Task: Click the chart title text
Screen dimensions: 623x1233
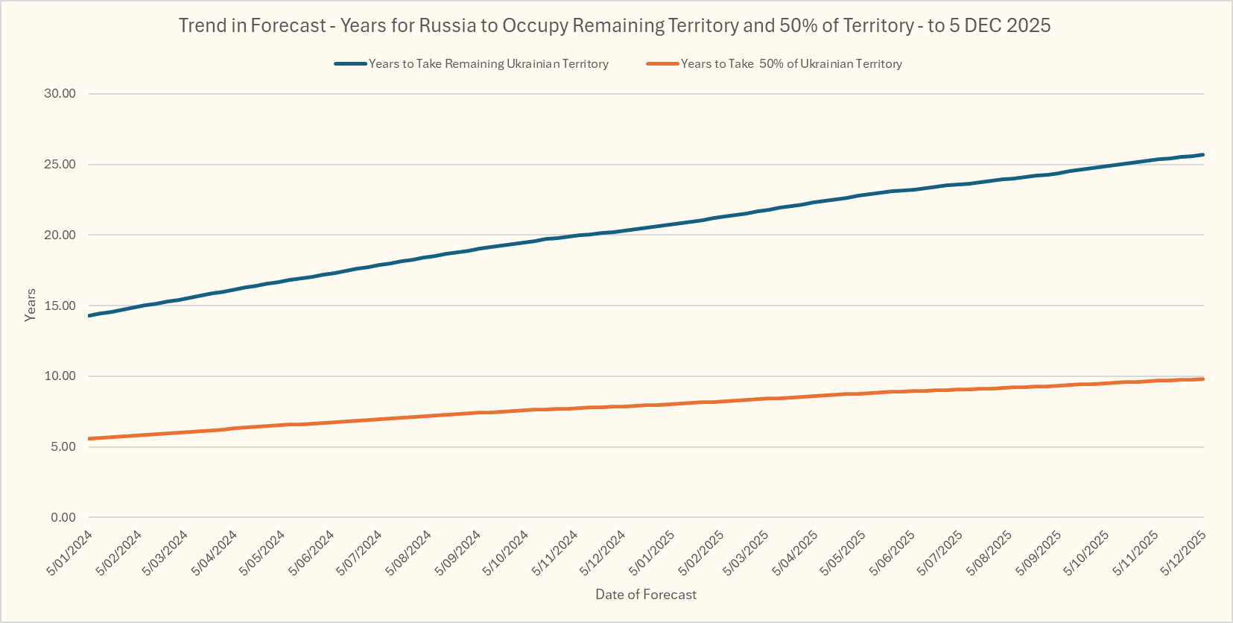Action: pyautogui.click(x=615, y=25)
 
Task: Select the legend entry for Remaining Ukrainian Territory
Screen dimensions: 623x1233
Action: pyautogui.click(x=488, y=64)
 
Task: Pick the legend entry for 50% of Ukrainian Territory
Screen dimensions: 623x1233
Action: pyautogui.click(x=791, y=64)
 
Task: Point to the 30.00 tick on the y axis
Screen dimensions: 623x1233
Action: pyautogui.click(x=60, y=93)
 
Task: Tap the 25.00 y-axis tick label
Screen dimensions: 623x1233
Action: pyautogui.click(x=60, y=164)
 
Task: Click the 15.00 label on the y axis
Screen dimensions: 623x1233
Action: pyautogui.click(x=60, y=306)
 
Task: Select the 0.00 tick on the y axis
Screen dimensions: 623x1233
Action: pyautogui.click(x=63, y=517)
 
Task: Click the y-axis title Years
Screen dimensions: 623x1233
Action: pyautogui.click(x=31, y=305)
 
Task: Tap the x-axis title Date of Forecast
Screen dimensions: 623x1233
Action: pyautogui.click(x=646, y=595)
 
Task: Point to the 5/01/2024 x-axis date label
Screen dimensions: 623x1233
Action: pyautogui.click(x=70, y=552)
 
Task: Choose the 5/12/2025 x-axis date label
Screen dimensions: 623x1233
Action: pyautogui.click(x=1183, y=552)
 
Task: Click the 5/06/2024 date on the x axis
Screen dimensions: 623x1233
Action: pyautogui.click(x=312, y=552)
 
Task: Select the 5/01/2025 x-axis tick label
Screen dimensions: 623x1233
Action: pyautogui.click(x=652, y=552)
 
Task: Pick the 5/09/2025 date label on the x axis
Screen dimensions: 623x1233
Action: pyautogui.click(x=1039, y=552)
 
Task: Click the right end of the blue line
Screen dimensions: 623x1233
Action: pyautogui.click(x=1202, y=155)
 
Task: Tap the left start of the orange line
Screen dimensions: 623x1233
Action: pyautogui.click(x=89, y=439)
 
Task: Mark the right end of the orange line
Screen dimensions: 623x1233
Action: pyautogui.click(x=1202, y=379)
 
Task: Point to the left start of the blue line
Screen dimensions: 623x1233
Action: pyautogui.click(x=89, y=316)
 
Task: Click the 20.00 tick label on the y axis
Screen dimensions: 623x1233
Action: pyautogui.click(x=60, y=235)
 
